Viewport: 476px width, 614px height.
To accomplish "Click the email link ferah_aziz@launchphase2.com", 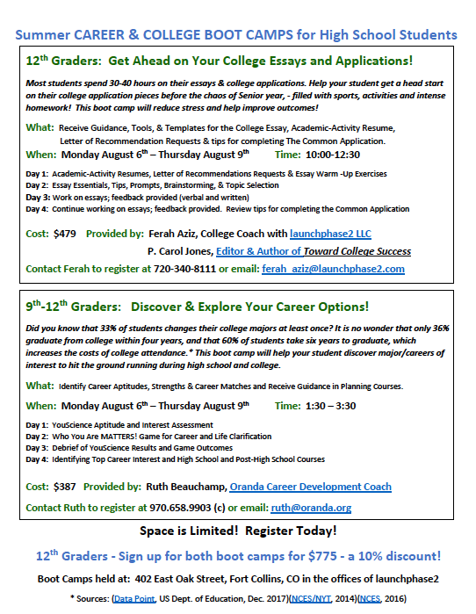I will pyautogui.click(x=333, y=269).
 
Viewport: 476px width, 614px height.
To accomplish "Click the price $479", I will pyautogui.click(x=65, y=233).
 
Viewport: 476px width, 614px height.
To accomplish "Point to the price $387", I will pyautogui.click(x=65, y=486).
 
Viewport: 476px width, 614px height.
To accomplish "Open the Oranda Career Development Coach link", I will pyautogui.click(x=310, y=486).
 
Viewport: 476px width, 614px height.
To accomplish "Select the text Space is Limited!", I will pyautogui.click(x=188, y=531).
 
